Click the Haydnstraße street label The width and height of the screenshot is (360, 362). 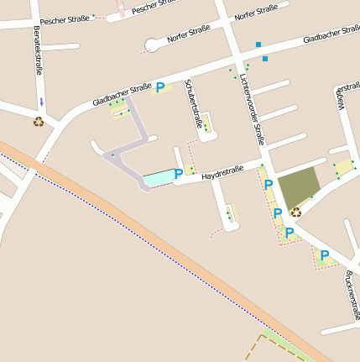[x=222, y=173]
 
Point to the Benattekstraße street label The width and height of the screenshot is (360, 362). [x=38, y=50]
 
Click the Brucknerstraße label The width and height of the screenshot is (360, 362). [x=351, y=291]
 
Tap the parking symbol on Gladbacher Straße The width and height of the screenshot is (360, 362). [x=160, y=87]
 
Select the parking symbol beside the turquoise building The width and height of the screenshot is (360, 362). [x=179, y=174]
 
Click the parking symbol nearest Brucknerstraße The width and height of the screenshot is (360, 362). [x=325, y=254]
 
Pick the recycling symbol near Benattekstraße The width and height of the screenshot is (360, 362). [x=39, y=121]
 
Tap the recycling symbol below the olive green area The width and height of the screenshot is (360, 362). [x=296, y=212]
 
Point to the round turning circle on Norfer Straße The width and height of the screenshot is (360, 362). [x=151, y=45]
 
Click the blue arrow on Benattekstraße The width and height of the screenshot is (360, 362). [x=42, y=102]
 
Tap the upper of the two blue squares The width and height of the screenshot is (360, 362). [x=258, y=44]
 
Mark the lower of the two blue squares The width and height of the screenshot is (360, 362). [x=265, y=59]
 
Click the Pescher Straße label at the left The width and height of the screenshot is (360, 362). [x=64, y=18]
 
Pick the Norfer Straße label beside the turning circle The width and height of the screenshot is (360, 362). [x=188, y=34]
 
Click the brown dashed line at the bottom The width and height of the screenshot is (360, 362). [x=251, y=348]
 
